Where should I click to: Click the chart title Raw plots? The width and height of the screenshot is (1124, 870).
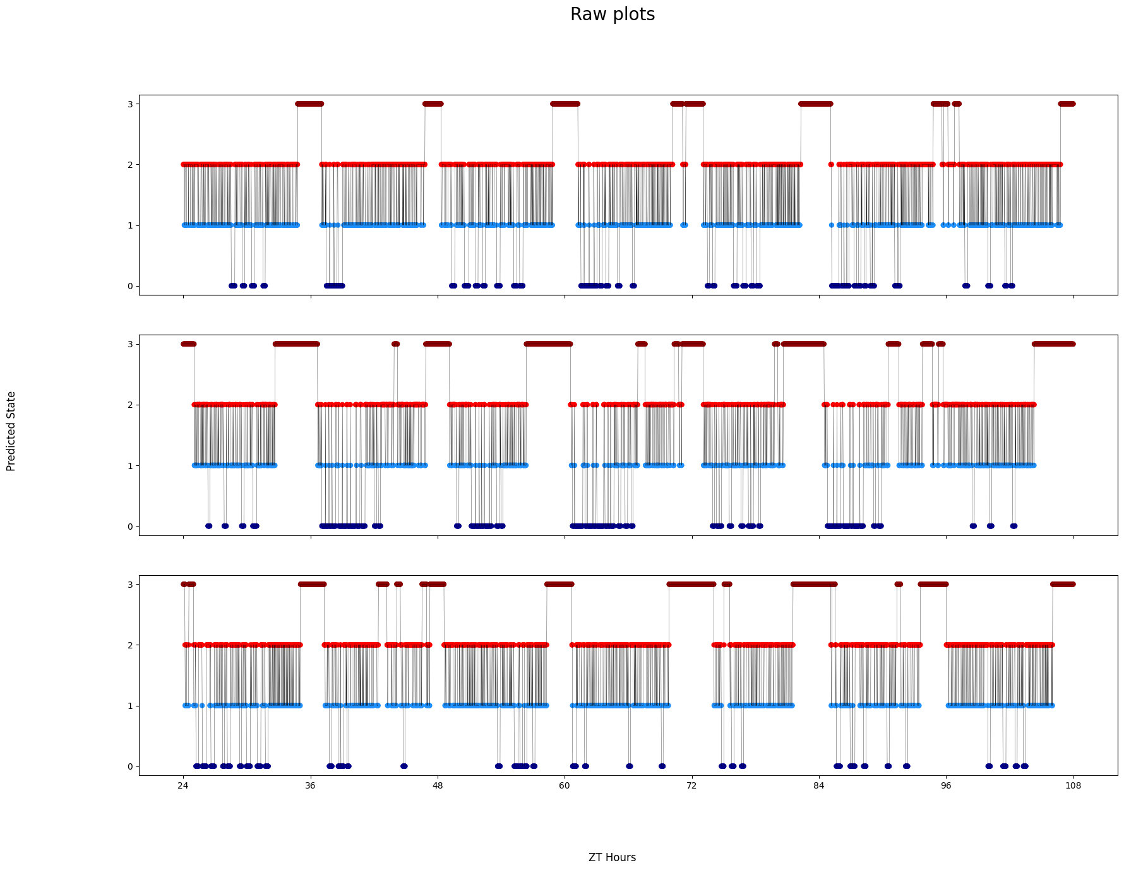point(612,15)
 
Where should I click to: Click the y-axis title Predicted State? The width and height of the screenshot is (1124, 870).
point(11,431)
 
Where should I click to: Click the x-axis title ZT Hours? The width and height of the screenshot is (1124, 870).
point(612,857)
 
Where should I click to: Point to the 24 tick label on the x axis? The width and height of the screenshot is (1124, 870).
point(183,786)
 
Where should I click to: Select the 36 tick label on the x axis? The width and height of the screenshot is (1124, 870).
point(310,786)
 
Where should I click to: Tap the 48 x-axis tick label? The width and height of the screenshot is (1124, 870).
point(438,786)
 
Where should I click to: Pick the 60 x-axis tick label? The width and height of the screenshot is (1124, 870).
point(565,786)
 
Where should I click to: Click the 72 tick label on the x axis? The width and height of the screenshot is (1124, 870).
point(692,786)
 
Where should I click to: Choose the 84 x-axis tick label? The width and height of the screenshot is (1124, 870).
point(819,786)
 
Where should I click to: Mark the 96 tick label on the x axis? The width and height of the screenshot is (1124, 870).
point(946,786)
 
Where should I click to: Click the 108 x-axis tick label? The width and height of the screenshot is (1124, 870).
point(1073,786)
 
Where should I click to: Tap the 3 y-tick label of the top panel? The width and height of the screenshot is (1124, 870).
point(130,104)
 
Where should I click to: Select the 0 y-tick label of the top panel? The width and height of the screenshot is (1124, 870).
point(130,286)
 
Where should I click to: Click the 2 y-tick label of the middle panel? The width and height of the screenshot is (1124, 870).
point(130,405)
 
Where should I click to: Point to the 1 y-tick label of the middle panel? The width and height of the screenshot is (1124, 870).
point(130,466)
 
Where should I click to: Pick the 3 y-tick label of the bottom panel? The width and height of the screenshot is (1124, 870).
point(130,585)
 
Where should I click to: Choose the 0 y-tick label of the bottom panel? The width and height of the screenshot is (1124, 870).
point(130,766)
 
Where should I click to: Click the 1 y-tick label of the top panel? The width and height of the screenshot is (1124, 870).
point(130,225)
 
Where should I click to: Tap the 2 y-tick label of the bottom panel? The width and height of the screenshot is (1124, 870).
point(130,645)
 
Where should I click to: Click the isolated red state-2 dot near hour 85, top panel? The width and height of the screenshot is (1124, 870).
point(831,164)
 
